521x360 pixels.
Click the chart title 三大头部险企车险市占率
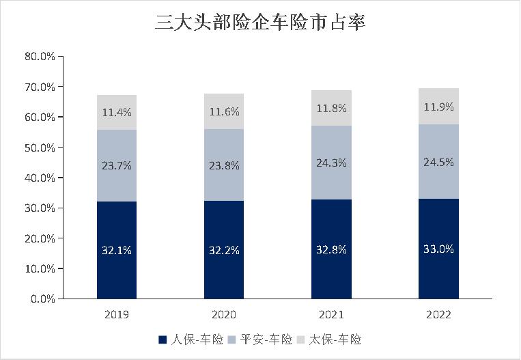[x=260, y=22]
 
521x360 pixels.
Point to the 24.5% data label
[x=438, y=163]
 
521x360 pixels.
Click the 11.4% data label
[x=117, y=112]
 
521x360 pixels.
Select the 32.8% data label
[x=331, y=250]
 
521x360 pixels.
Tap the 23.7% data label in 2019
[x=117, y=165]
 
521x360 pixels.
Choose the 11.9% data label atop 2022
[x=438, y=107]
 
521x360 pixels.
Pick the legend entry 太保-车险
[x=335, y=340]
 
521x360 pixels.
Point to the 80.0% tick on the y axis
[x=39, y=57]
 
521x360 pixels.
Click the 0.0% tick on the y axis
[x=42, y=299]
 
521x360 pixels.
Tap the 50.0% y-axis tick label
[x=39, y=148]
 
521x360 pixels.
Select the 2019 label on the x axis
[x=117, y=315]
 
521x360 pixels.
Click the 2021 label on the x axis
[x=331, y=315]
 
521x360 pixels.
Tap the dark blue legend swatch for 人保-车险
[x=163, y=340]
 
